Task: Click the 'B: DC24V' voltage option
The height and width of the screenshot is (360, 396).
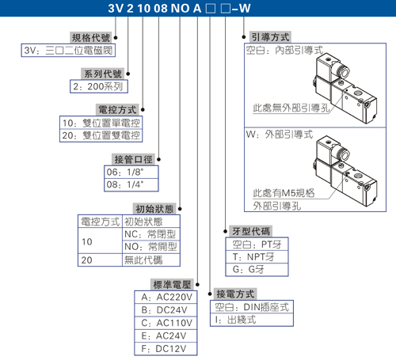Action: pyautogui.click(x=164, y=310)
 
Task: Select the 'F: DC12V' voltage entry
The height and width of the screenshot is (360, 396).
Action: pyautogui.click(x=164, y=349)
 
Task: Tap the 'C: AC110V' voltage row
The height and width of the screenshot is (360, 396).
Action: pyautogui.click(x=167, y=323)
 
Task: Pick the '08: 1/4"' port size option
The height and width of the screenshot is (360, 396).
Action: pyautogui.click(x=125, y=184)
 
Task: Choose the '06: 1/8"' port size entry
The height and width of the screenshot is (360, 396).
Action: pyautogui.click(x=125, y=172)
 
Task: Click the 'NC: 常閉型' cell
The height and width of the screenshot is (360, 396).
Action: pyautogui.click(x=150, y=234)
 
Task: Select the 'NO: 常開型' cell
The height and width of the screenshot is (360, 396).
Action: pyautogui.click(x=150, y=247)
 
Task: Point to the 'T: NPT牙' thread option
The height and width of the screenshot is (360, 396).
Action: pyautogui.click(x=253, y=256)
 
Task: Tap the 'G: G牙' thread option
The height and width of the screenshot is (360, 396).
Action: pyautogui.click(x=248, y=269)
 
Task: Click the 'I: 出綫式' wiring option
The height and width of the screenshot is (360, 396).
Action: pyautogui.click(x=235, y=320)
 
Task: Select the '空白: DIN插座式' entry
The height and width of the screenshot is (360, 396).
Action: pyautogui.click(x=252, y=307)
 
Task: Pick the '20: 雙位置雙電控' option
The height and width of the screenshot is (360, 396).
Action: pyautogui.click(x=101, y=135)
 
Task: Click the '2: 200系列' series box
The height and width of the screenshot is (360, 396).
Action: pyautogui.click(x=99, y=86)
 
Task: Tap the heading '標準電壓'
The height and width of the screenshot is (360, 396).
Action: pyautogui.click(x=172, y=285)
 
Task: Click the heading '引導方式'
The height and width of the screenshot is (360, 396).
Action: pyautogui.click(x=270, y=37)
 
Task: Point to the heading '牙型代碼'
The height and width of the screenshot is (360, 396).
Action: pyautogui.click(x=251, y=231)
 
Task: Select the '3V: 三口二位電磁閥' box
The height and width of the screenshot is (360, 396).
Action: pyautogui.click(x=68, y=50)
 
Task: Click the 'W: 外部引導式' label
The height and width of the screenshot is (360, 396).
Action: pyautogui.click(x=280, y=135)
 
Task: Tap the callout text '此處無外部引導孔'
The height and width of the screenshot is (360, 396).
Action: pyautogui.click(x=291, y=108)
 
